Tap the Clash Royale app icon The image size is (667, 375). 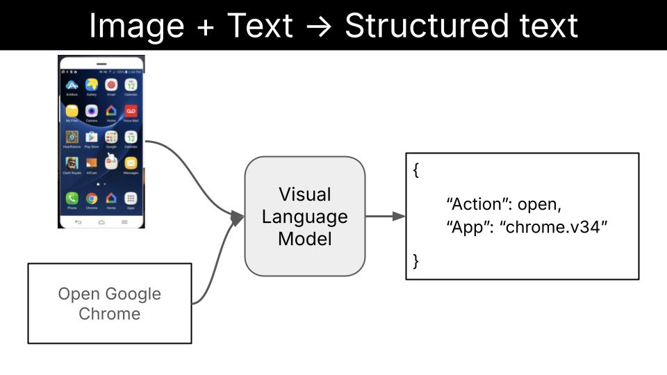[72, 163]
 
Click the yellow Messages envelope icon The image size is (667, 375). [131, 163]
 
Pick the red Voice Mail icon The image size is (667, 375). [131, 111]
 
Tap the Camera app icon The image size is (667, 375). [92, 111]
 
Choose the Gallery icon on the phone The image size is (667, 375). [92, 85]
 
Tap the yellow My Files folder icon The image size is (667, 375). [72, 111]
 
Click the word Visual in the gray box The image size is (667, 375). [304, 194]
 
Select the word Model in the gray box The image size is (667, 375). [304, 239]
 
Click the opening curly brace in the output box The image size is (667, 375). [416, 171]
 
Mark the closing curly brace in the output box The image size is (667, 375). [416, 261]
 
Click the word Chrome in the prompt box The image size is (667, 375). [109, 314]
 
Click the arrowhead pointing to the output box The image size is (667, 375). [399, 217]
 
